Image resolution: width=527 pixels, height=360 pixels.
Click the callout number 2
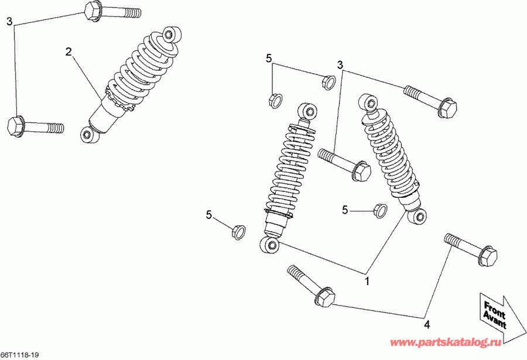pyautogui.click(x=69, y=52)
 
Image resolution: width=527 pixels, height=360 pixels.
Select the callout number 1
pyautogui.click(x=367, y=281)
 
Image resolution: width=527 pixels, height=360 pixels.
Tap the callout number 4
pyautogui.click(x=426, y=324)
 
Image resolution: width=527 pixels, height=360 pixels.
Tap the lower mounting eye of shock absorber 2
pyautogui.click(x=87, y=135)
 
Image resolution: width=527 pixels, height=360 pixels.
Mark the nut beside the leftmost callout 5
pyautogui.click(x=237, y=232)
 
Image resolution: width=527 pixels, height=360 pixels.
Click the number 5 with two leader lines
pyautogui.click(x=269, y=58)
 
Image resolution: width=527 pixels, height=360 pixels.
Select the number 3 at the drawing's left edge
pyautogui.click(x=9, y=22)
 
